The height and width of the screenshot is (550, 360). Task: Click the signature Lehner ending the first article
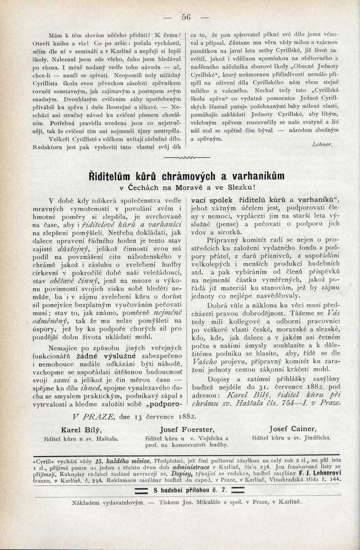coord(321,145)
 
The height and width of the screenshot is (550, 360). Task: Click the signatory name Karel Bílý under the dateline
coord(81,429)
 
